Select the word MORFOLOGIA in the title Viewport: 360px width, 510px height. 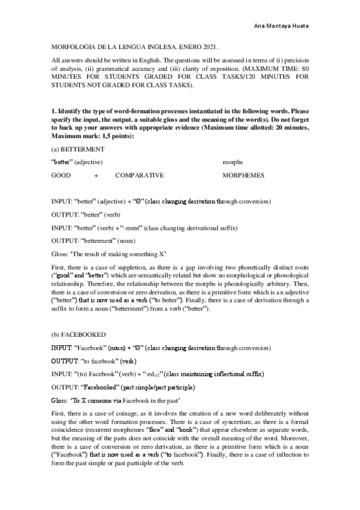point(71,46)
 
